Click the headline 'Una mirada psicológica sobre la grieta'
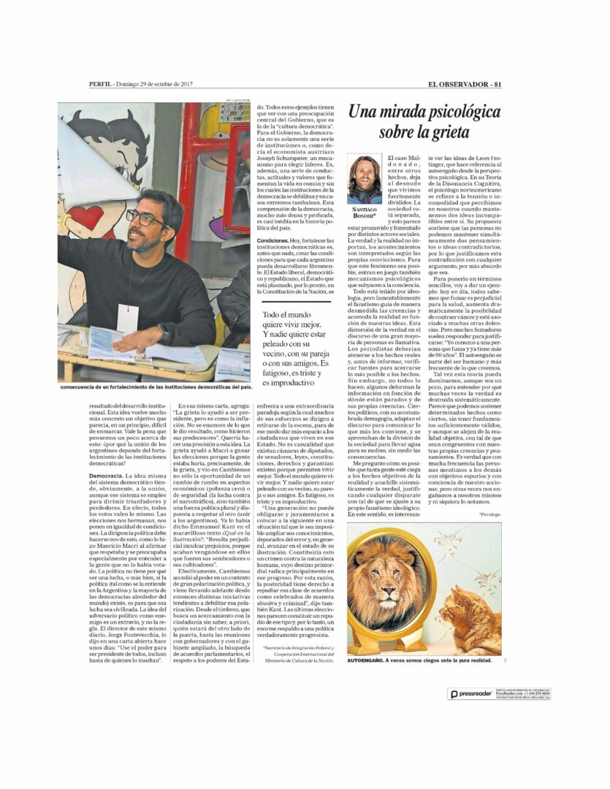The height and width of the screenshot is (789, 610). [x=424, y=122]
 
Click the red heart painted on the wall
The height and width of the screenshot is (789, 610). [x=86, y=218]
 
